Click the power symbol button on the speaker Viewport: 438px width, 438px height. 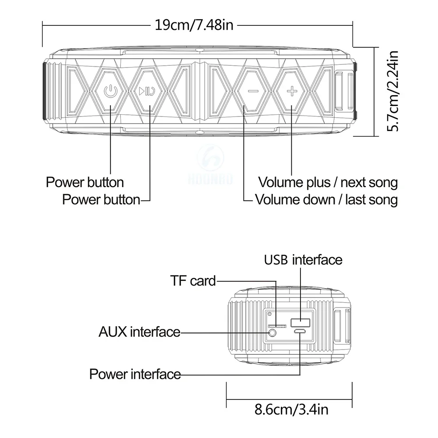110,92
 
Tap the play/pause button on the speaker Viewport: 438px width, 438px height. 146,92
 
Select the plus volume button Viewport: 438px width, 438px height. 291,91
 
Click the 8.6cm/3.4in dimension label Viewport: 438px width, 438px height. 291,410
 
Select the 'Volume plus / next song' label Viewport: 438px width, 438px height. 328,182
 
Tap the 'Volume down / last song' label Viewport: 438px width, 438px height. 326,200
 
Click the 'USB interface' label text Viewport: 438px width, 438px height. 303,260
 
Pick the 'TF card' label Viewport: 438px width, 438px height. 193,281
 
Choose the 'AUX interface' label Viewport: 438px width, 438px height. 139,332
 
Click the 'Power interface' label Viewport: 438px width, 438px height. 135,374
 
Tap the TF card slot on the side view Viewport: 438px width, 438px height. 277,326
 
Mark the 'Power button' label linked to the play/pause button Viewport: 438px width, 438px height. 101,200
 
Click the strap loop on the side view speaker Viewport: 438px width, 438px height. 342,326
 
